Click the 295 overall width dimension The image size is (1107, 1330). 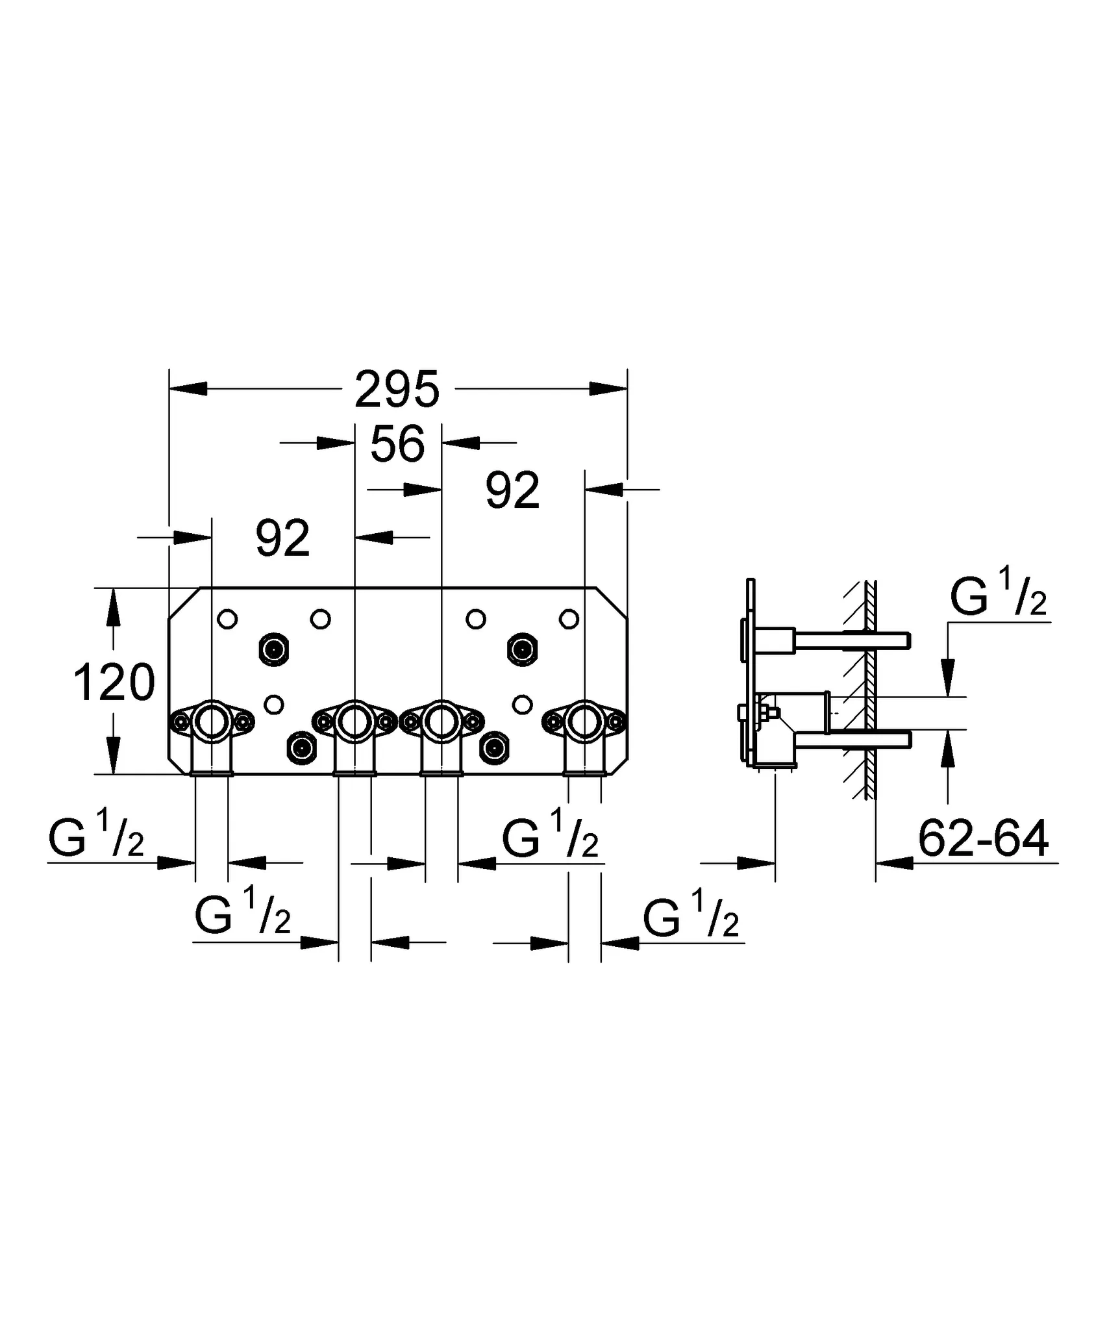coord(397,390)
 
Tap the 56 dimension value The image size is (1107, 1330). coord(397,444)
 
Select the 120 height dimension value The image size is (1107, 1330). coord(114,683)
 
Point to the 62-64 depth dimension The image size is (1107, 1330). coord(983,840)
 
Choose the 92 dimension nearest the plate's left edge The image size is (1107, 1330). coord(282,538)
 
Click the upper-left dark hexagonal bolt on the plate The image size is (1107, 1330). coord(273,649)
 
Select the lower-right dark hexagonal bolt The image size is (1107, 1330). coord(495,747)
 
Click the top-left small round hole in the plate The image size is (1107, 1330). coord(227,619)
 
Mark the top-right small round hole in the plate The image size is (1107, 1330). coord(569,619)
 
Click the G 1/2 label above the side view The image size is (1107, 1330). coord(998,598)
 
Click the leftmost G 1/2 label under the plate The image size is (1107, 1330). coord(96,840)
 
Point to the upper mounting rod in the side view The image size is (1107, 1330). coord(851,640)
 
